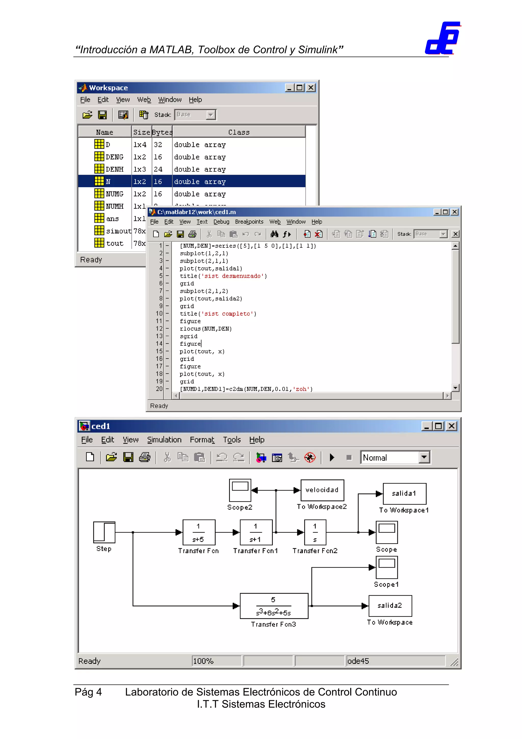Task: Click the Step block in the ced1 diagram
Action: click(x=104, y=532)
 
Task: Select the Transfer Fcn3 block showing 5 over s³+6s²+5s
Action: click(x=274, y=606)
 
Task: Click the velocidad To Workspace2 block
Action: click(x=322, y=490)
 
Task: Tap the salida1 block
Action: click(x=404, y=493)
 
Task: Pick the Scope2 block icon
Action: click(x=240, y=490)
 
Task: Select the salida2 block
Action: click(x=390, y=605)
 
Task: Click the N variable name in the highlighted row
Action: click(x=108, y=182)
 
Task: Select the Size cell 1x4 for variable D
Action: click(x=140, y=145)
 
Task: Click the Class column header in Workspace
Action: click(x=239, y=132)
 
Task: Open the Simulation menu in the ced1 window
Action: click(x=164, y=440)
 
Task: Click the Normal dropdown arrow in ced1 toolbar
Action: click(x=424, y=457)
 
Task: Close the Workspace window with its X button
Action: click(x=311, y=87)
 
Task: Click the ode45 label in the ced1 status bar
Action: click(x=358, y=661)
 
